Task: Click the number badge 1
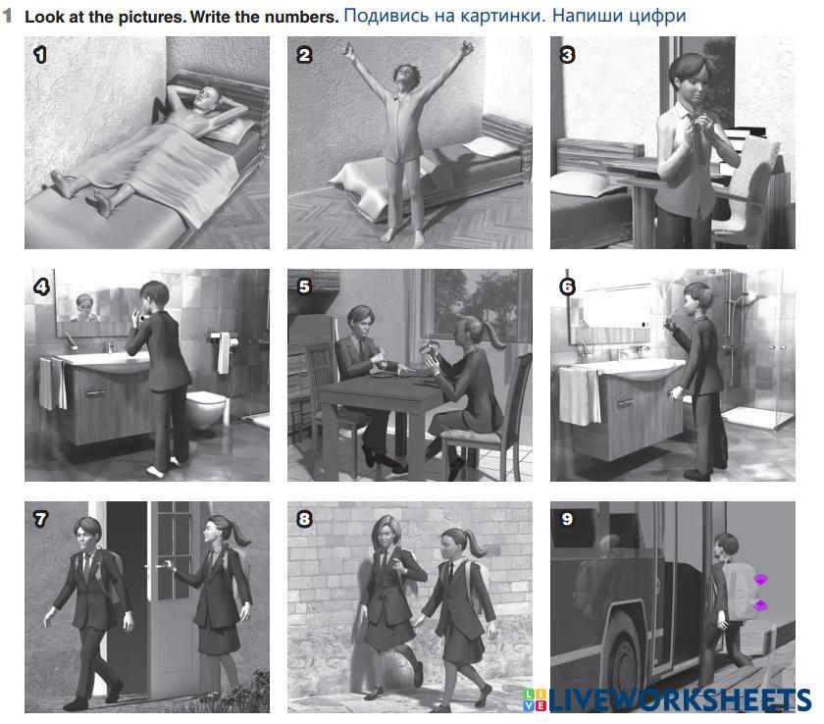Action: click(x=40, y=55)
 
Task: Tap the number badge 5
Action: click(x=304, y=286)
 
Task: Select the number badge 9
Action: click(x=567, y=519)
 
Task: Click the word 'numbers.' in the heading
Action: click(x=306, y=17)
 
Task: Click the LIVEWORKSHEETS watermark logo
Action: click(x=667, y=699)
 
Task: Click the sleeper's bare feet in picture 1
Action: click(x=84, y=191)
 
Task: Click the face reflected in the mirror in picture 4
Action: click(x=84, y=306)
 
